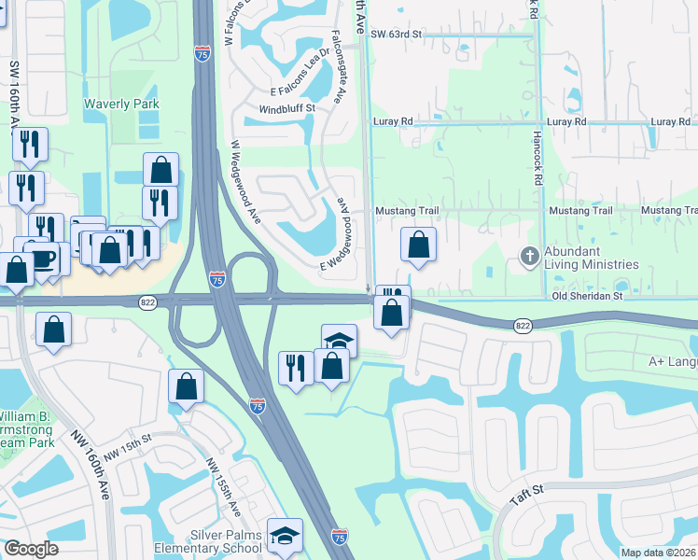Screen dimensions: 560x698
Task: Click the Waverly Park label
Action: pyautogui.click(x=121, y=105)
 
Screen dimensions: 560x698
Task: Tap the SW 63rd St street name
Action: pyautogui.click(x=397, y=34)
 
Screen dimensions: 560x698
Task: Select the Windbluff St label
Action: pyautogui.click(x=287, y=108)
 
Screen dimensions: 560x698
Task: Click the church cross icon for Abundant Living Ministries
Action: pyautogui.click(x=529, y=256)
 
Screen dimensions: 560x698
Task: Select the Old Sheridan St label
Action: pyautogui.click(x=586, y=296)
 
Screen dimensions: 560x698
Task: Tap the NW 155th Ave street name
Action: pyautogui.click(x=223, y=487)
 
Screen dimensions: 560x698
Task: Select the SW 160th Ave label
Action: pyautogui.click(x=15, y=98)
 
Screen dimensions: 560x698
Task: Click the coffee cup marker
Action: pyautogui.click(x=38, y=255)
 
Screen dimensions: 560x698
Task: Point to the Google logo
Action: pyautogui.click(x=31, y=549)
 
